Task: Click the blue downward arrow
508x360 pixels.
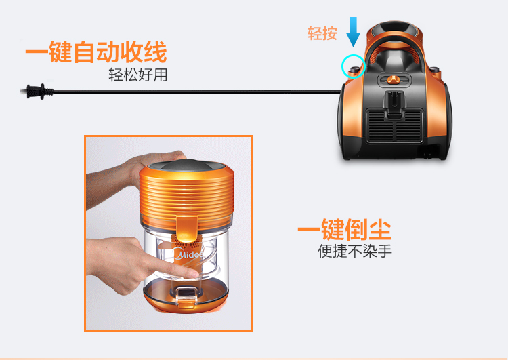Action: [353, 32]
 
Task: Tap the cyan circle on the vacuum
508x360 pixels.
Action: [342, 66]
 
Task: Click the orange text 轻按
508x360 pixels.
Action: [322, 33]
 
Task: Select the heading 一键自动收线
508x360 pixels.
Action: [96, 52]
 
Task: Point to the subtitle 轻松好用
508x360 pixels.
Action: [138, 75]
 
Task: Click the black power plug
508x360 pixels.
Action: [36, 91]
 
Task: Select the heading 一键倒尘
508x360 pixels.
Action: [344, 229]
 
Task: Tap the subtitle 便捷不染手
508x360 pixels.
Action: [355, 251]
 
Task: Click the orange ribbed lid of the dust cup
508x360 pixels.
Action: [187, 196]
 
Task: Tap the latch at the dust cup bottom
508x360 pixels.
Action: [186, 296]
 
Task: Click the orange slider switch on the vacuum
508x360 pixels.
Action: [393, 79]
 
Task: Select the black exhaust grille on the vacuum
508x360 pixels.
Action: [394, 126]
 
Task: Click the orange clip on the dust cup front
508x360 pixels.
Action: [187, 229]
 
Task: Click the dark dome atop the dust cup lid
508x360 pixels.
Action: [187, 165]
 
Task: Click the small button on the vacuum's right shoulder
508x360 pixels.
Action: [434, 69]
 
